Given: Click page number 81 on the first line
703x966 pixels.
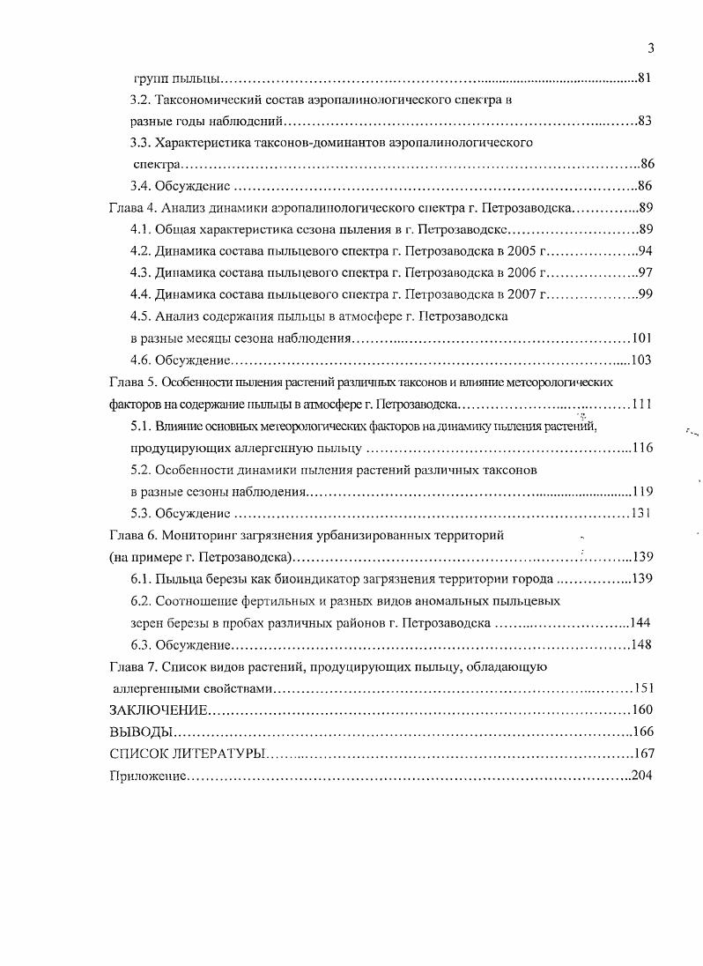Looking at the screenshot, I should pos(643,79).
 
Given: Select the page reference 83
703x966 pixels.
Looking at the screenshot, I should pos(643,121).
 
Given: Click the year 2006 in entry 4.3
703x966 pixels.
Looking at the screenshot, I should pos(523,272).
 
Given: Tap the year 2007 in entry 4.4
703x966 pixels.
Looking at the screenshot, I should pos(523,294).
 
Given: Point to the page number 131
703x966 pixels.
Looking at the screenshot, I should pos(640,514).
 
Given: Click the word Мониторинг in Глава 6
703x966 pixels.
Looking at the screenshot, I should pos(193,535).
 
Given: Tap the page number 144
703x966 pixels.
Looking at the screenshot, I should pos(640,622).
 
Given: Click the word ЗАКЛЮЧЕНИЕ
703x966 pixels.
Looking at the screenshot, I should pos(159,710).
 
